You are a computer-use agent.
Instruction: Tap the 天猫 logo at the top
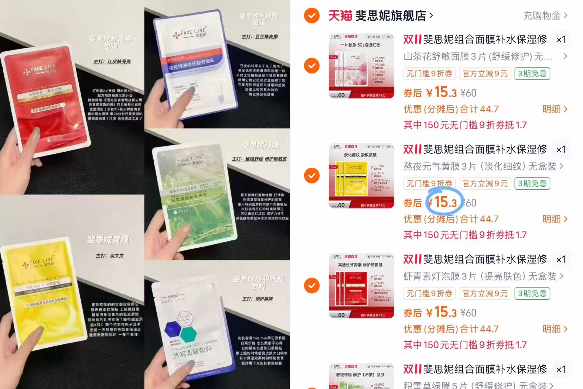coord(340,15)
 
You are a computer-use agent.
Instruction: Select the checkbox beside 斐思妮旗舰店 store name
coord(312,15)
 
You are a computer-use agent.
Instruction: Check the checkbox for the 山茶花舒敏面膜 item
coord(312,66)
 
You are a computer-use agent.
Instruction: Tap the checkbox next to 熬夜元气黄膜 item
coord(312,176)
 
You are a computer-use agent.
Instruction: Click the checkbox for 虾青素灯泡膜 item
coord(312,286)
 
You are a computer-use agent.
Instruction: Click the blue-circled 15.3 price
coord(445,202)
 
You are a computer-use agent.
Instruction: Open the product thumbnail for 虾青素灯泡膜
coord(361,286)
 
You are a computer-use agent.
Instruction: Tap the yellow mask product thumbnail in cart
coord(361,176)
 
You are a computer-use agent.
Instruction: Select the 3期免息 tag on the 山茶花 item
coord(532,74)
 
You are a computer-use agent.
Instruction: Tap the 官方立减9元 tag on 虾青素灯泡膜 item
coord(485,294)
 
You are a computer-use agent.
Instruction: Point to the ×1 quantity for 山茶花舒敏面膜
coord(561,40)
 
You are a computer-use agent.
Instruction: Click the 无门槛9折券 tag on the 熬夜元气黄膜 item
coord(429,184)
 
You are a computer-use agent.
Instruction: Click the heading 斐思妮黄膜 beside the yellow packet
coord(108,239)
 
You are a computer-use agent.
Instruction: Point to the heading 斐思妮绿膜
coord(261,146)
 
